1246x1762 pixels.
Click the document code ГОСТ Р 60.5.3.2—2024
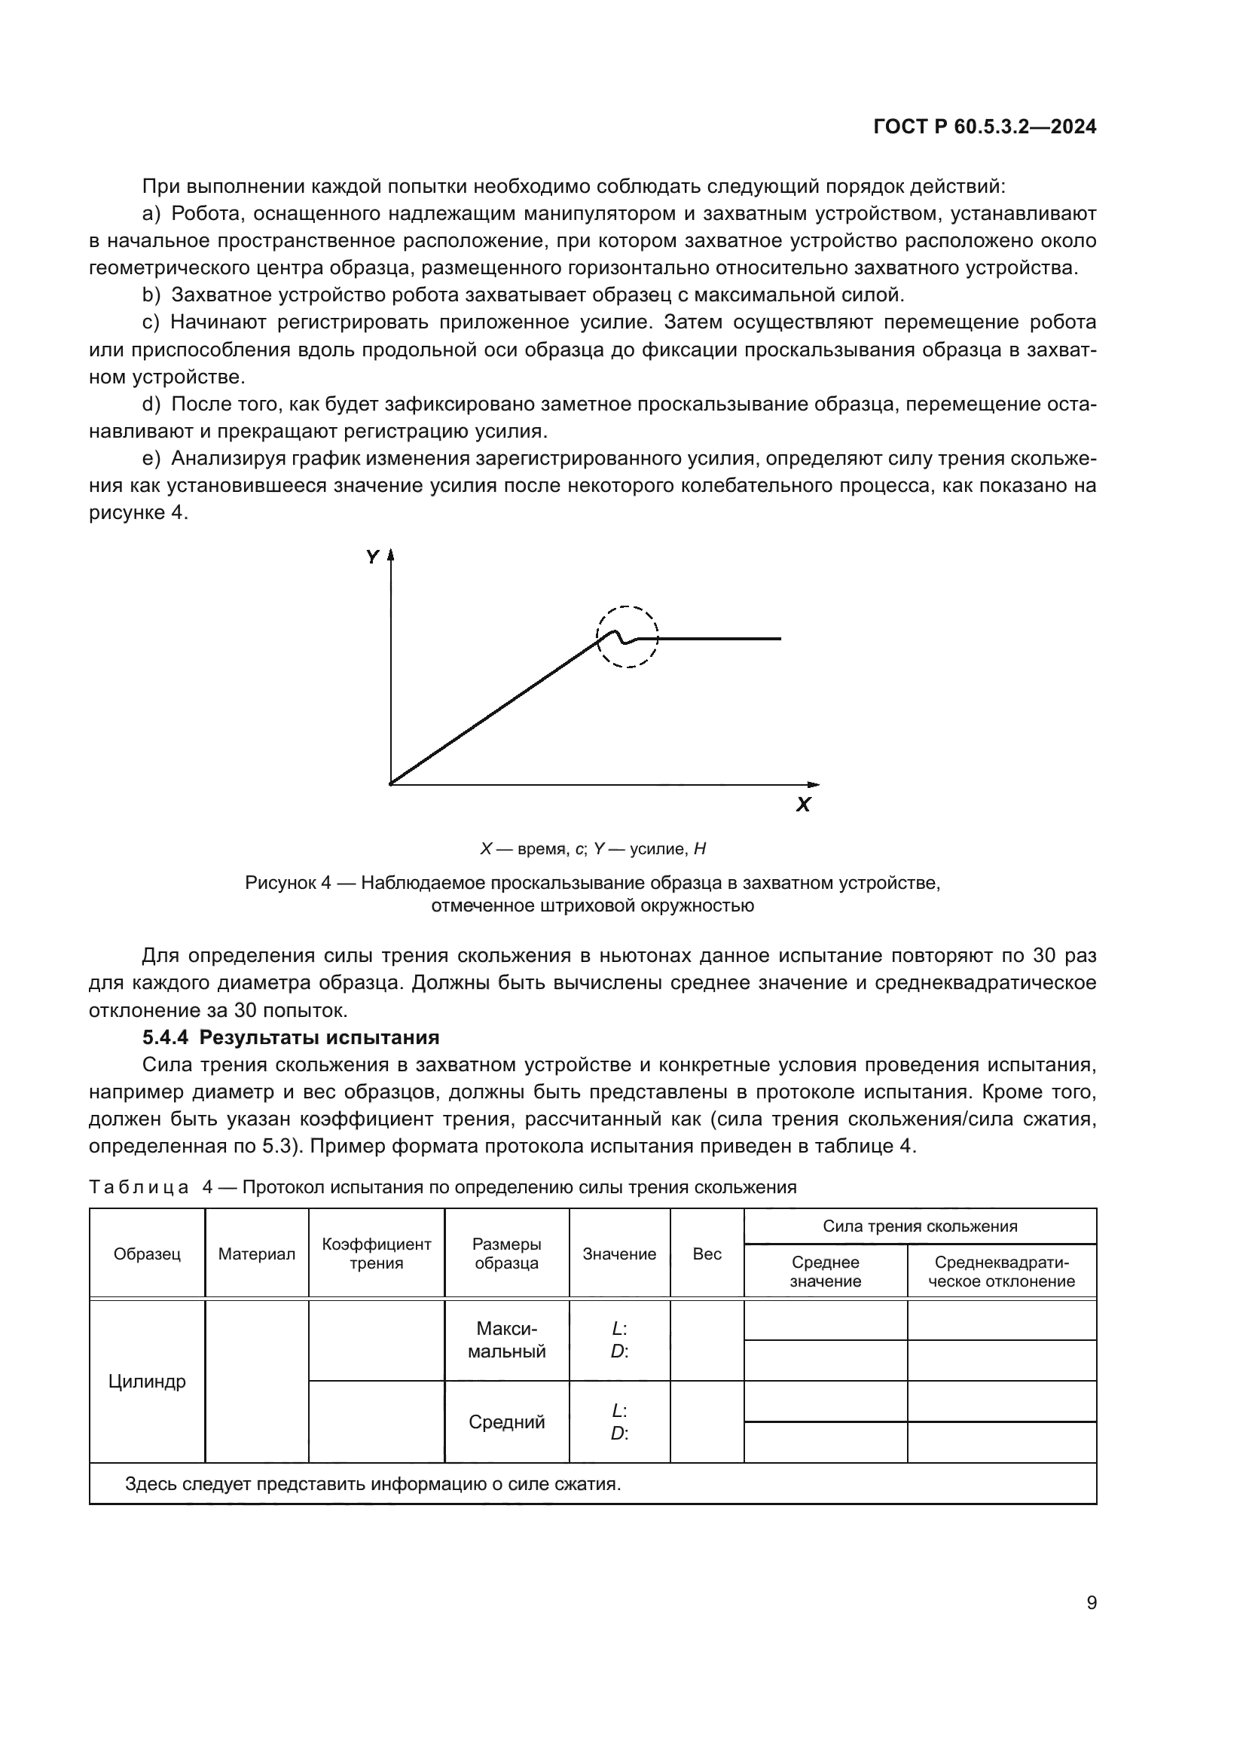[x=985, y=127]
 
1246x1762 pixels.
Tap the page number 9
[x=1091, y=1602]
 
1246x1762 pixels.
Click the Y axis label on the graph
[x=372, y=557]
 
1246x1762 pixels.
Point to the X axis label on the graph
[x=803, y=805]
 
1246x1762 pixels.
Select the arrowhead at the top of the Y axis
[x=390, y=555]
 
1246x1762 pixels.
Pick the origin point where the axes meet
[x=391, y=784]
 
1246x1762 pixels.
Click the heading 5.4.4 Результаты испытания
[x=291, y=1037]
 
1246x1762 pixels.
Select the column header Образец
[x=147, y=1254]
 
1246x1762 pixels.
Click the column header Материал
[x=256, y=1254]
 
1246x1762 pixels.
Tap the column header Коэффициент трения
[x=376, y=1254]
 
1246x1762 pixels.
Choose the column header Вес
[x=707, y=1254]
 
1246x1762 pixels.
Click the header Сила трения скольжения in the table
[x=919, y=1226]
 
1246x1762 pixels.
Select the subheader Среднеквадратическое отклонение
[x=1001, y=1272]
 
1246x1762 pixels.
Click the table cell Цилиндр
[x=147, y=1382]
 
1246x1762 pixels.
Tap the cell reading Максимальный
[x=506, y=1340]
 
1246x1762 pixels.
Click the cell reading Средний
[x=506, y=1422]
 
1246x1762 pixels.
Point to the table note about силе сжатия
[x=373, y=1483]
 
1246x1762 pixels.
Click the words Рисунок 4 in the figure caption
[x=287, y=884]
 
